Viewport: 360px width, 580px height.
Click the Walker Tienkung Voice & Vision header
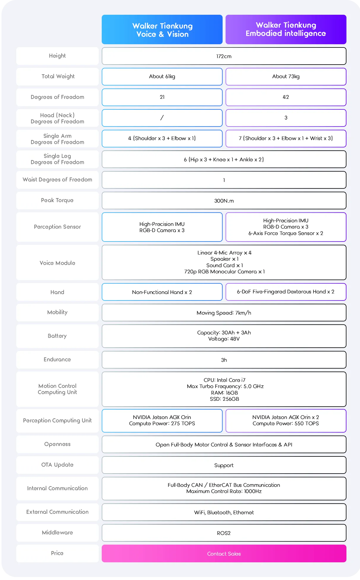(162, 29)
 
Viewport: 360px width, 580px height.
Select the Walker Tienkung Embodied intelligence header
(286, 29)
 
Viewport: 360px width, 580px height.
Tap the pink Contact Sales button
(224, 553)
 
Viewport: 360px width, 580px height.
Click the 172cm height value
(224, 56)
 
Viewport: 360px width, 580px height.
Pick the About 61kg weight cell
(162, 77)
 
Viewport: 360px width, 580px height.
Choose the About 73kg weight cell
(286, 77)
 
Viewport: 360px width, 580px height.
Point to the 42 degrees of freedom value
(286, 97)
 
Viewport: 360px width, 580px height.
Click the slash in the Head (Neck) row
(162, 118)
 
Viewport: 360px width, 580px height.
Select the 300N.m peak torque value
(224, 201)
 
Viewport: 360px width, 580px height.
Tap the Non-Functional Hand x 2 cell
(162, 292)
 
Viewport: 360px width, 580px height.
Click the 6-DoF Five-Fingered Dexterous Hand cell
(286, 292)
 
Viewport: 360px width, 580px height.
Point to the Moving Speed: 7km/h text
(224, 313)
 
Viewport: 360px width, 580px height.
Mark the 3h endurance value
(224, 360)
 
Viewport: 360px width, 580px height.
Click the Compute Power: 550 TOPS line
(286, 423)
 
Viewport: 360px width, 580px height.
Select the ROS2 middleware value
(224, 533)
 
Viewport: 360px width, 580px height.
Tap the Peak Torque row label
(57, 200)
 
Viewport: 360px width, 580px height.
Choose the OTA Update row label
(57, 465)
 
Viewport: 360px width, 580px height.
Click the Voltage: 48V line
(224, 339)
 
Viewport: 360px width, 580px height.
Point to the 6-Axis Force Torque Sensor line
(286, 233)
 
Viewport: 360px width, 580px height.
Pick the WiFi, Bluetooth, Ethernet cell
(224, 512)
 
